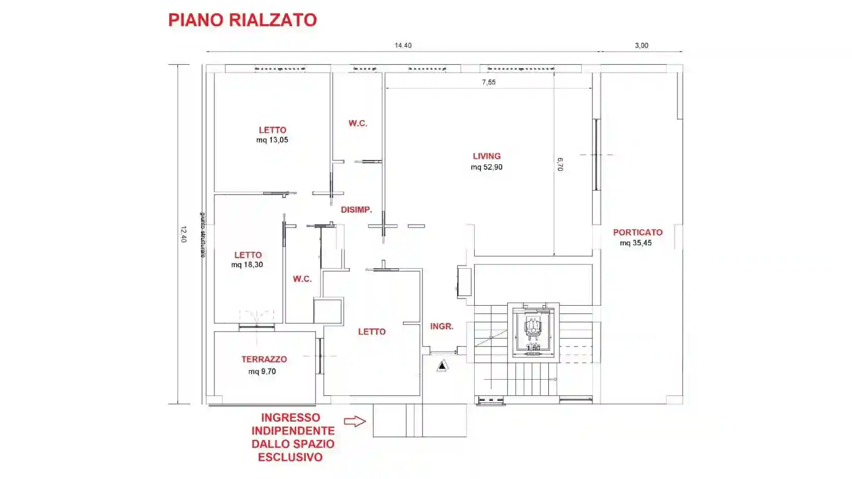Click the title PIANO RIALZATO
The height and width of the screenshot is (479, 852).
pyautogui.click(x=242, y=20)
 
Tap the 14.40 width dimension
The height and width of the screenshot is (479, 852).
pyautogui.click(x=403, y=46)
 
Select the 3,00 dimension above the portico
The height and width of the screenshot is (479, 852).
pyautogui.click(x=642, y=46)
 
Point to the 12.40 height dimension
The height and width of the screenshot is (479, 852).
pyautogui.click(x=184, y=234)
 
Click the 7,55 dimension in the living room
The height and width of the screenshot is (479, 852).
pyautogui.click(x=489, y=82)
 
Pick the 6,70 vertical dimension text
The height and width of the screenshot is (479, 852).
pyautogui.click(x=560, y=164)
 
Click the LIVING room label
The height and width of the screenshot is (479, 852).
pyautogui.click(x=487, y=156)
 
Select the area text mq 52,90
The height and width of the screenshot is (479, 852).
pyautogui.click(x=487, y=167)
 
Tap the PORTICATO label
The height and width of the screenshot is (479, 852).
pyautogui.click(x=637, y=232)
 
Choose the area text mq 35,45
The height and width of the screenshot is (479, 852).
pyautogui.click(x=635, y=243)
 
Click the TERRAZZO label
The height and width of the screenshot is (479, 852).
pyautogui.click(x=264, y=359)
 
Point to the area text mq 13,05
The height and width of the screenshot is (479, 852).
pyautogui.click(x=272, y=140)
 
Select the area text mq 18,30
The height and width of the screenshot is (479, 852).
pyautogui.click(x=247, y=265)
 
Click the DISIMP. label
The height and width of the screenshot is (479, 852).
pyautogui.click(x=356, y=210)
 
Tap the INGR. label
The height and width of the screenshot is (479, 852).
pyautogui.click(x=442, y=326)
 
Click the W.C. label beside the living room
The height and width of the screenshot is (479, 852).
pyautogui.click(x=358, y=123)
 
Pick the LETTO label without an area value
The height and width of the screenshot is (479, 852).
pyautogui.click(x=372, y=332)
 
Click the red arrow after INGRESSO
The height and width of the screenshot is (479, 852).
pyautogui.click(x=355, y=421)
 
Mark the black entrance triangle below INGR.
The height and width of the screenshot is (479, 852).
pyautogui.click(x=442, y=365)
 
